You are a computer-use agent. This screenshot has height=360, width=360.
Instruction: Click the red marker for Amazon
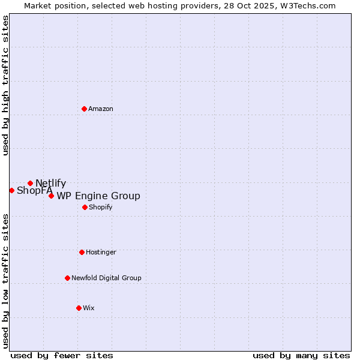(x=84, y=109)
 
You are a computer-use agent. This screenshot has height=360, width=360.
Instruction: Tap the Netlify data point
(x=30, y=183)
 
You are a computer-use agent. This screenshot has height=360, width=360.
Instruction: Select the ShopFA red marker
(x=11, y=190)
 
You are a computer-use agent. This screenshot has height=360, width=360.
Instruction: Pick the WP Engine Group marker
(x=51, y=196)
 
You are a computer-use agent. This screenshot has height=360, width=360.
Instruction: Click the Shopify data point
(x=85, y=207)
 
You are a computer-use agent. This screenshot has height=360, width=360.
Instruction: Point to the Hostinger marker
(x=82, y=252)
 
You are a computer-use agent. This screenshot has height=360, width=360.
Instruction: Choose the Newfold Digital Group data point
(x=67, y=278)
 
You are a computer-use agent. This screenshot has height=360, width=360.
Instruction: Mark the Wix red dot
(x=79, y=308)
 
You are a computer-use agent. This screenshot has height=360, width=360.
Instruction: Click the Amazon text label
(x=101, y=109)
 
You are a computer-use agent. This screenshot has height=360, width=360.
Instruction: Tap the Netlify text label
(x=50, y=184)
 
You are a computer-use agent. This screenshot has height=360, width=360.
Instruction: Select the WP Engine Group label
(x=98, y=196)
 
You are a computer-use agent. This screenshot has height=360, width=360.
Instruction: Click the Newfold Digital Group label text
(x=106, y=278)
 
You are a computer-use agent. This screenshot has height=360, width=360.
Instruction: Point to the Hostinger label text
(x=101, y=252)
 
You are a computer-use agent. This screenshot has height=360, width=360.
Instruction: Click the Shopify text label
(x=100, y=207)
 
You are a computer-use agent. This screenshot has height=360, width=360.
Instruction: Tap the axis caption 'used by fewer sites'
(x=62, y=355)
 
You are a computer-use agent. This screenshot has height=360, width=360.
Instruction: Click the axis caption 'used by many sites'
(x=301, y=355)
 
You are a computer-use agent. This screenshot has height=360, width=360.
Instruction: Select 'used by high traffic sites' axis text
(x=5, y=85)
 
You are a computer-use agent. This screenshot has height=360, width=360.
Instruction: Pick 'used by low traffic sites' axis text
(x=5, y=280)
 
